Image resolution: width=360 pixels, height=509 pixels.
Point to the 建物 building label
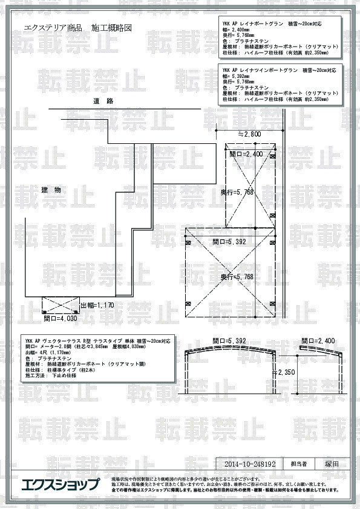[51, 190]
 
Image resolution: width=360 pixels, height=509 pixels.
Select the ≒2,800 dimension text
[249, 134]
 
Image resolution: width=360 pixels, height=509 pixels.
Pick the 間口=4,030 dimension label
[61, 317]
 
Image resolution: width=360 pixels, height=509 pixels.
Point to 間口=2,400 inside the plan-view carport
[246, 154]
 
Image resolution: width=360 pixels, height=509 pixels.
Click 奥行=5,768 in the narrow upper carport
[237, 192]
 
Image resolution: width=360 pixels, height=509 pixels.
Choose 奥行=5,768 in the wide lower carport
[237, 276]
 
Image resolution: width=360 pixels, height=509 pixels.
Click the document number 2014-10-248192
[250, 464]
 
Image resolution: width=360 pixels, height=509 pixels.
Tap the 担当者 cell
[299, 464]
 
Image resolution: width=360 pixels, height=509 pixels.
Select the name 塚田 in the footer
[332, 464]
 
